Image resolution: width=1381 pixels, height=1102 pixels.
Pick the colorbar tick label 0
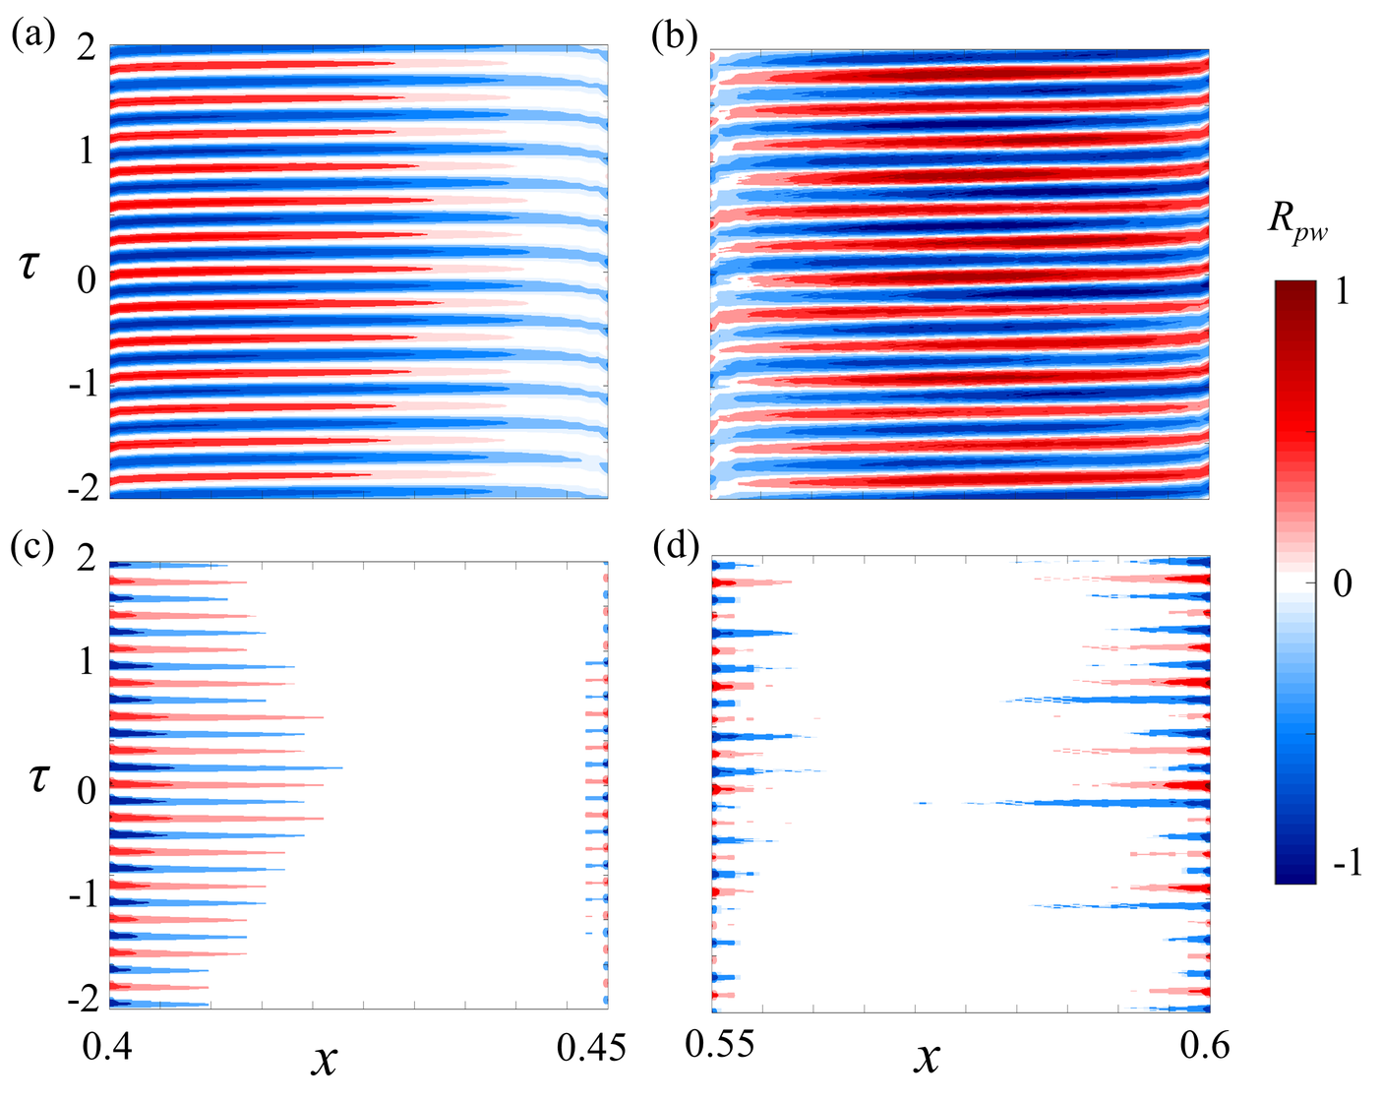tap(1342, 584)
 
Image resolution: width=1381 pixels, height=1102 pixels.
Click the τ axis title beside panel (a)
tap(30, 266)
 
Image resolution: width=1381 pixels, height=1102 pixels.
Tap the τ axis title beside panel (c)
tap(37, 778)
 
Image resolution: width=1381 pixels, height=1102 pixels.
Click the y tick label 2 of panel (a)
tap(87, 48)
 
